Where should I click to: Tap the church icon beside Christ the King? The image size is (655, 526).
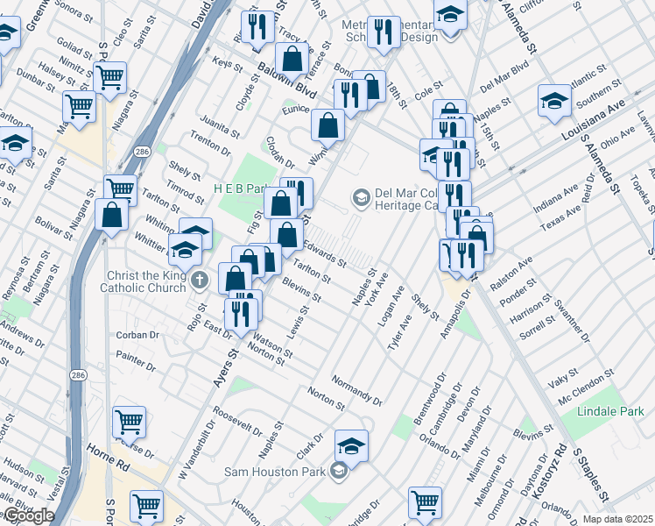[x=200, y=281]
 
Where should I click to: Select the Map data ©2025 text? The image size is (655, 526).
[x=617, y=519]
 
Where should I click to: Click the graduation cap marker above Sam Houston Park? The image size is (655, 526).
[x=351, y=447]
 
